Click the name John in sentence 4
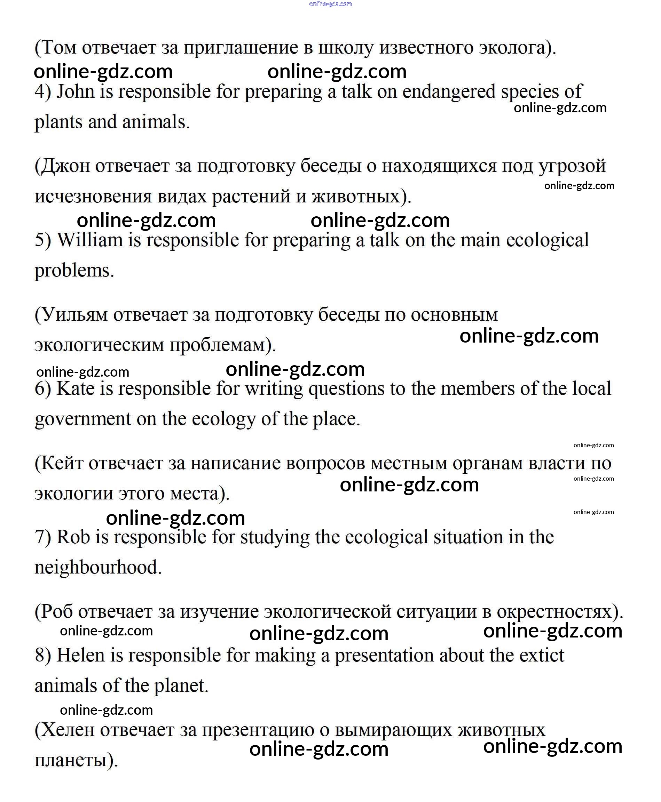pyautogui.click(x=76, y=92)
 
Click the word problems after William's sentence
pyautogui.click(x=74, y=271)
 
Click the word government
pyautogui.click(x=82, y=419)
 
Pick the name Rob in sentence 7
pyautogui.click(x=73, y=537)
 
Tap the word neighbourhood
pyautogui.click(x=98, y=567)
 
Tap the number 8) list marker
pyautogui.click(x=43, y=656)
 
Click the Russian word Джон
pyautogui.click(x=65, y=166)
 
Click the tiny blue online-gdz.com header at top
pyautogui.click(x=331, y=4)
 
